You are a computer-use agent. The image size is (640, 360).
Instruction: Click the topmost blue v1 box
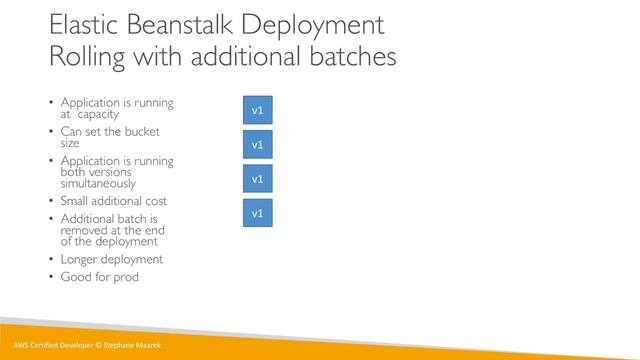tap(257, 110)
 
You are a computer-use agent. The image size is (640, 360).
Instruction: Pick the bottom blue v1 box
tap(257, 213)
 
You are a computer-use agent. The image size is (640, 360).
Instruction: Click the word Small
tap(78, 201)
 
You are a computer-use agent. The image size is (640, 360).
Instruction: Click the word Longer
tap(81, 259)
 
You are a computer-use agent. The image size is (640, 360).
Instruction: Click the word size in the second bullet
tap(70, 143)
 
